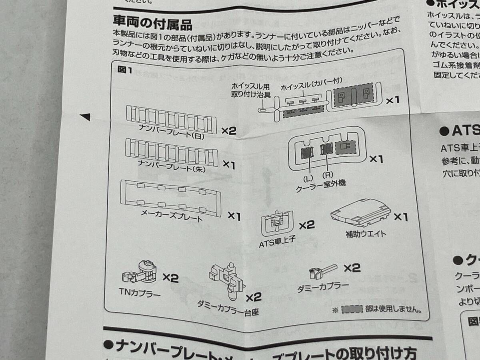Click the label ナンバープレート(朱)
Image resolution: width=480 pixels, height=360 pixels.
(172, 165)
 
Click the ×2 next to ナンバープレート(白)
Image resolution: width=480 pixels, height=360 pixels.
(229, 131)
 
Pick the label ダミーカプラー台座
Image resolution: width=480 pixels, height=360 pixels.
(228, 308)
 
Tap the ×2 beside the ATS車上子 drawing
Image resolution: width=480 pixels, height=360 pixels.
(307, 225)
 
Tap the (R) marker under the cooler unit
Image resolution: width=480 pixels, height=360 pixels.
(328, 174)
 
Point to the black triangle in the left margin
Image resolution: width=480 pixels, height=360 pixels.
(85, 117)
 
